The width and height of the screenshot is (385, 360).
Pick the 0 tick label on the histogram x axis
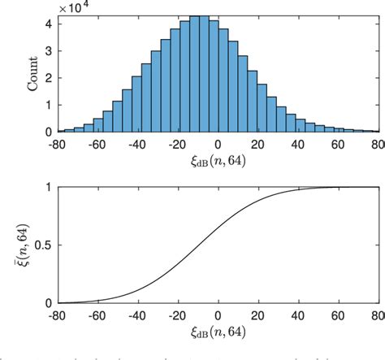coord(218,145)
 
